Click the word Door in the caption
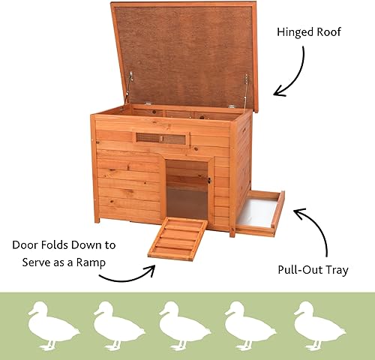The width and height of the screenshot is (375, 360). (28, 244)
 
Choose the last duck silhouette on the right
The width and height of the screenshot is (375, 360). (319, 325)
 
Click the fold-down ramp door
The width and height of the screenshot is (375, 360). (178, 238)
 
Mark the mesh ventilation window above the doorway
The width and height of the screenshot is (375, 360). (160, 139)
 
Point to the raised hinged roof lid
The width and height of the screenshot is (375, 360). (184, 52)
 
